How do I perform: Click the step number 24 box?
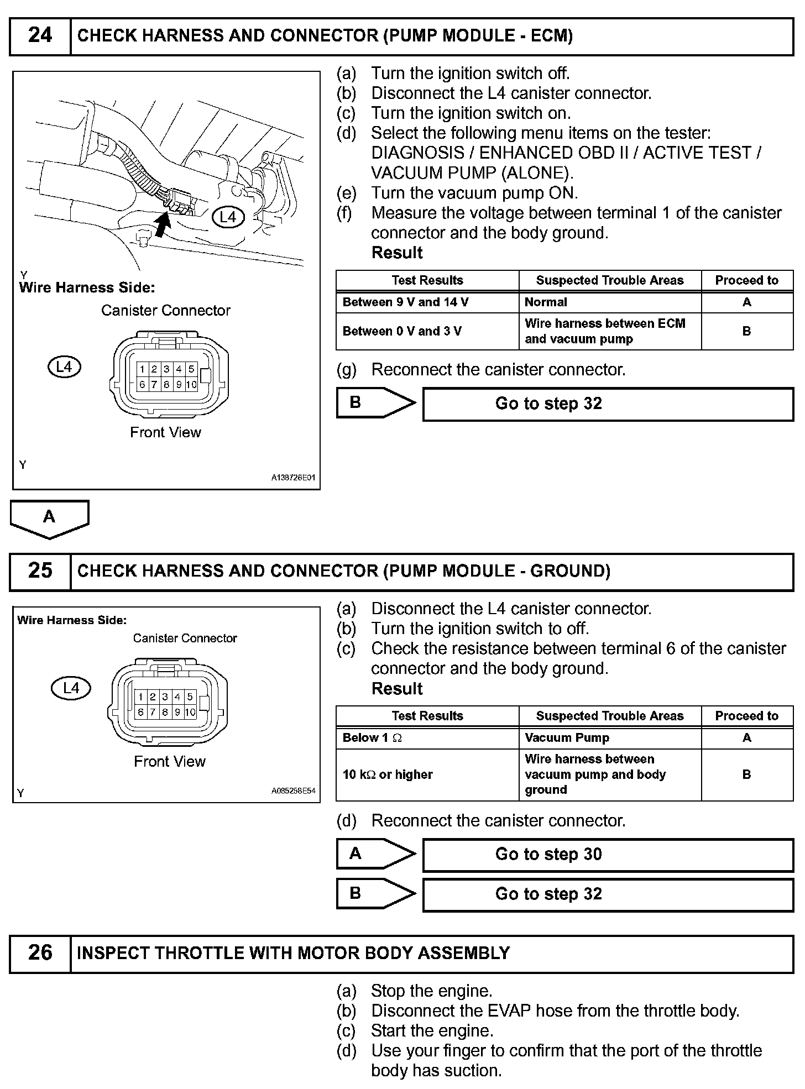[40, 36]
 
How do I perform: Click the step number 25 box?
[40, 571]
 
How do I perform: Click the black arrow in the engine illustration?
[162, 224]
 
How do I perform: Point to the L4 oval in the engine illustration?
[228, 217]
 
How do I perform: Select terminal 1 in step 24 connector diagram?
[142, 369]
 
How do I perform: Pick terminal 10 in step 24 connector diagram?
[191, 384]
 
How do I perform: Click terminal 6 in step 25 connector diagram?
[140, 712]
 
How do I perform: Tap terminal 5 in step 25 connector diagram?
[190, 697]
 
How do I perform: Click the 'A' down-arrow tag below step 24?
[49, 518]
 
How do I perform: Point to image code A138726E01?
[293, 478]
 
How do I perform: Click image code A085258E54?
[293, 791]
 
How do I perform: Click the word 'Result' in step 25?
[397, 689]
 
